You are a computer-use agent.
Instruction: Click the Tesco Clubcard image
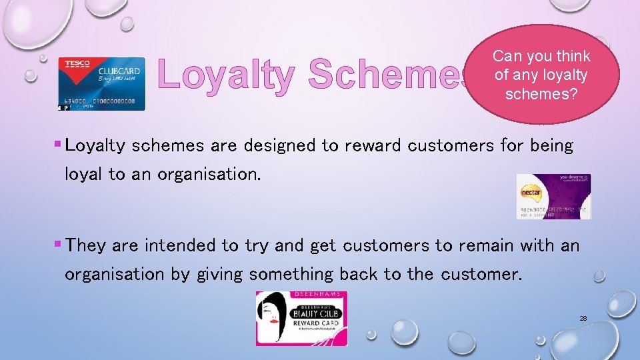101,83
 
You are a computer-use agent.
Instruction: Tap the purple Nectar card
553,197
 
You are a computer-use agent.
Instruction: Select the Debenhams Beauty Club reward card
301,319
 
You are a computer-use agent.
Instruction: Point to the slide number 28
583,319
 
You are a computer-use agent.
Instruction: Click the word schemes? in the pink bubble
541,94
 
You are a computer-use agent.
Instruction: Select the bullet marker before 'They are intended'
57,245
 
